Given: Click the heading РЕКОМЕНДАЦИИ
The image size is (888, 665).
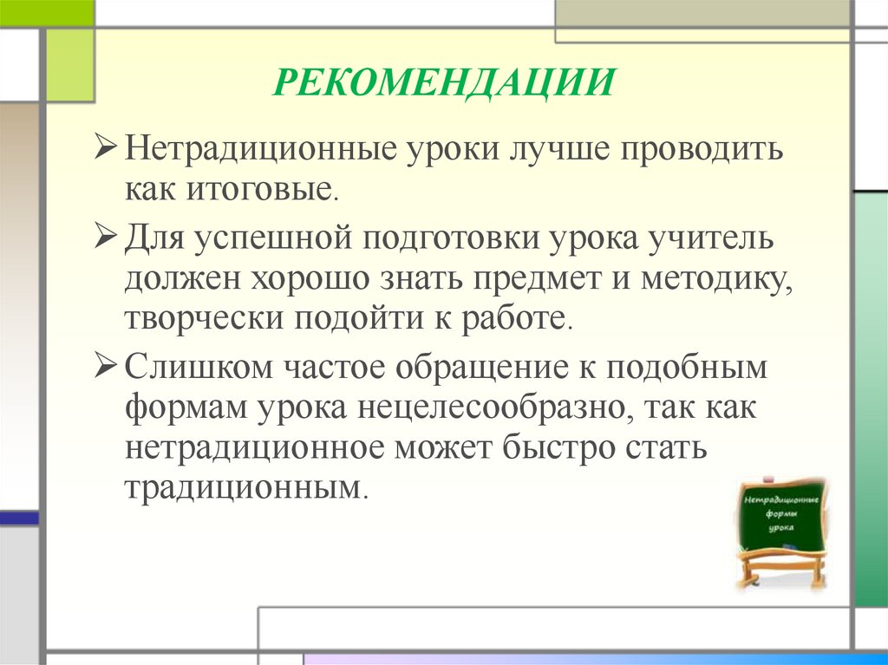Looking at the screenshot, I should click(445, 84).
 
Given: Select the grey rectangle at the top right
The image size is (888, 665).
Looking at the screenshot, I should click(702, 15).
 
